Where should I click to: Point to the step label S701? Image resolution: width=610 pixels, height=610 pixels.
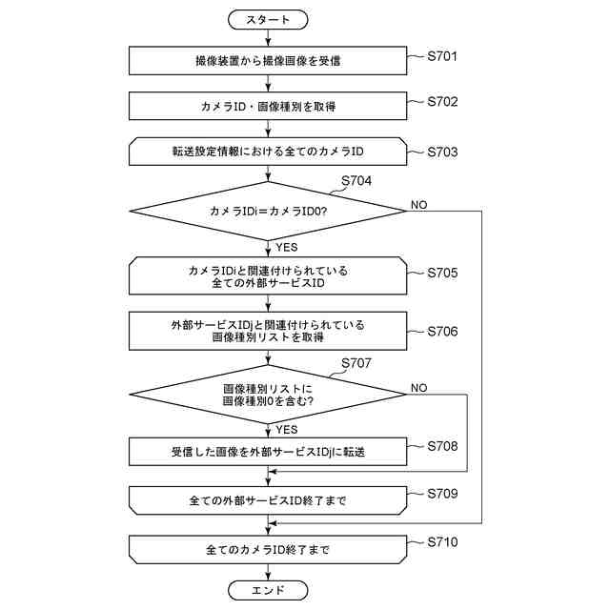(443, 56)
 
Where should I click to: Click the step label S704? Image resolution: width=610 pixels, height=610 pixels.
(356, 180)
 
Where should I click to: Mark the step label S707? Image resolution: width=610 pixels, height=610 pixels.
(356, 362)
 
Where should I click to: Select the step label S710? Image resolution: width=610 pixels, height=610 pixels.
(443, 542)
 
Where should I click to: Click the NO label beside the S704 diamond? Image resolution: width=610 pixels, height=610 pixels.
(419, 205)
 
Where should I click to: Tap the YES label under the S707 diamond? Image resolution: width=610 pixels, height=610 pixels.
(286, 430)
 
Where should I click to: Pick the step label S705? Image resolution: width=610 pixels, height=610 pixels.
(443, 273)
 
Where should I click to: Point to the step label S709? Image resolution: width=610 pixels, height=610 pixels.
(443, 494)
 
